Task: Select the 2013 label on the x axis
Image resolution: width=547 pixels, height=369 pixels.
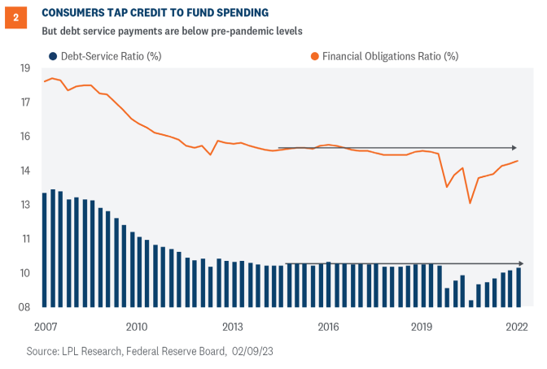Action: pos(233,327)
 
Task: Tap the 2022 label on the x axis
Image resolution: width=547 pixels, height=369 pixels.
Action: pos(515,327)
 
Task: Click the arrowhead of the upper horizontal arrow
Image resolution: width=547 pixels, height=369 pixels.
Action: pos(514,148)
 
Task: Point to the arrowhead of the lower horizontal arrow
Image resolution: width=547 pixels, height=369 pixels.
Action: pos(519,264)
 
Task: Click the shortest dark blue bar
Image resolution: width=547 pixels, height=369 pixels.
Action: pos(471,304)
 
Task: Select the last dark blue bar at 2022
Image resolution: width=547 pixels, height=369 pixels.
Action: pos(519,288)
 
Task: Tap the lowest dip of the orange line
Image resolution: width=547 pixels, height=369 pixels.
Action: pos(470,203)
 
